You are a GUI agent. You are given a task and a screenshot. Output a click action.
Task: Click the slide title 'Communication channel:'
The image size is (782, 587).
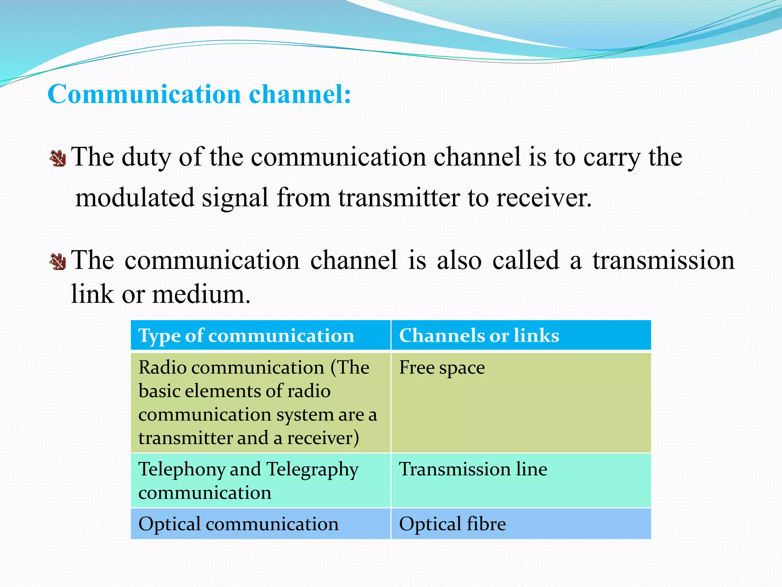pyautogui.click(x=199, y=94)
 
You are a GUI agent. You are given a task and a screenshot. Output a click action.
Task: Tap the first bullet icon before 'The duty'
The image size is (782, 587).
pyautogui.click(x=58, y=158)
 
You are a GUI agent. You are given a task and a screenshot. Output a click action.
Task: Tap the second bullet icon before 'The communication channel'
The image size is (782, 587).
pyautogui.click(x=58, y=262)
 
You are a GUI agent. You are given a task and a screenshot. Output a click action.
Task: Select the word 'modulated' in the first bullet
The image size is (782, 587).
pyautogui.click(x=135, y=198)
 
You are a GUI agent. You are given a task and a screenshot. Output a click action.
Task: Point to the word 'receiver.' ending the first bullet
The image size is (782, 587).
pyautogui.click(x=544, y=198)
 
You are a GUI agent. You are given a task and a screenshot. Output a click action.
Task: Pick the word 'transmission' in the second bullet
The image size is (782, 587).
pyautogui.click(x=663, y=261)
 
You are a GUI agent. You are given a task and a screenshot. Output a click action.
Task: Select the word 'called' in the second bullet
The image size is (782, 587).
pyautogui.click(x=525, y=261)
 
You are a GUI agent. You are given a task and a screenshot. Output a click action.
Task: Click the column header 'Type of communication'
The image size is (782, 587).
pyautogui.click(x=246, y=336)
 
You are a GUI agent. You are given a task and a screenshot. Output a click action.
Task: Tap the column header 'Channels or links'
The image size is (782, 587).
pyautogui.click(x=479, y=336)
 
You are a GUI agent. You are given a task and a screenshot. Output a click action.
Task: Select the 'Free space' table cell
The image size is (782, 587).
pyautogui.click(x=442, y=368)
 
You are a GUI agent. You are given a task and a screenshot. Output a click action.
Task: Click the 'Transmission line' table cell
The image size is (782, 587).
pyautogui.click(x=473, y=469)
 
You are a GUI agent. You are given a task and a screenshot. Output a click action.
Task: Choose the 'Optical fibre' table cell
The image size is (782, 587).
pyautogui.click(x=452, y=524)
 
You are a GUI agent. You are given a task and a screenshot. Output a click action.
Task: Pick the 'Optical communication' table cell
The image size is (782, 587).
pyautogui.click(x=238, y=524)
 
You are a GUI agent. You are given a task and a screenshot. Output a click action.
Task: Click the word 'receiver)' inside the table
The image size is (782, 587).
pyautogui.click(x=323, y=438)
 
